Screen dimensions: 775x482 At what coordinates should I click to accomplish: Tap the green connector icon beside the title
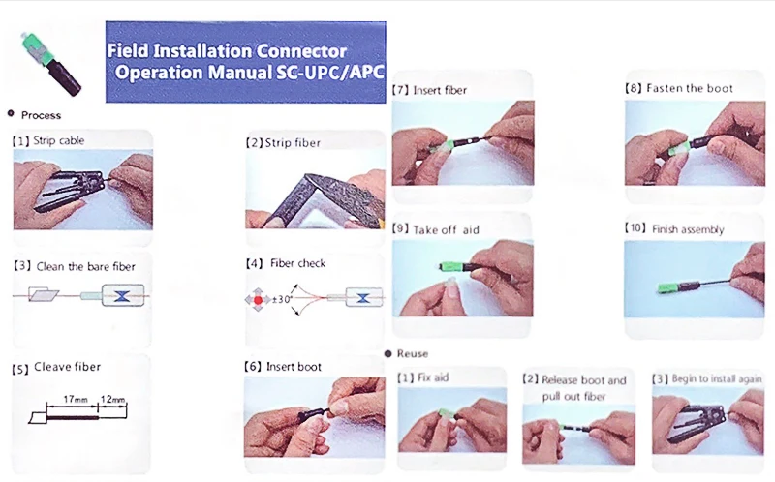click(50, 64)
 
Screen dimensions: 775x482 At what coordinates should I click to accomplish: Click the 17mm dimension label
click(76, 399)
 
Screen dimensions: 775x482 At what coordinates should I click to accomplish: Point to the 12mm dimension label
click(112, 399)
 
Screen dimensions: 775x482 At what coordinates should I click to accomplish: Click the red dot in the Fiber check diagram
click(258, 300)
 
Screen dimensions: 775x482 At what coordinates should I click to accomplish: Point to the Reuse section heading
click(413, 353)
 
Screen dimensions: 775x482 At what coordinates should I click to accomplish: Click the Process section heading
click(41, 115)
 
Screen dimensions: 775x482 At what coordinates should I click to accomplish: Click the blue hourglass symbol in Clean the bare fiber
click(122, 296)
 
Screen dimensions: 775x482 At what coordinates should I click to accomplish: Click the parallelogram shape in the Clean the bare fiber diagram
click(44, 295)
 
